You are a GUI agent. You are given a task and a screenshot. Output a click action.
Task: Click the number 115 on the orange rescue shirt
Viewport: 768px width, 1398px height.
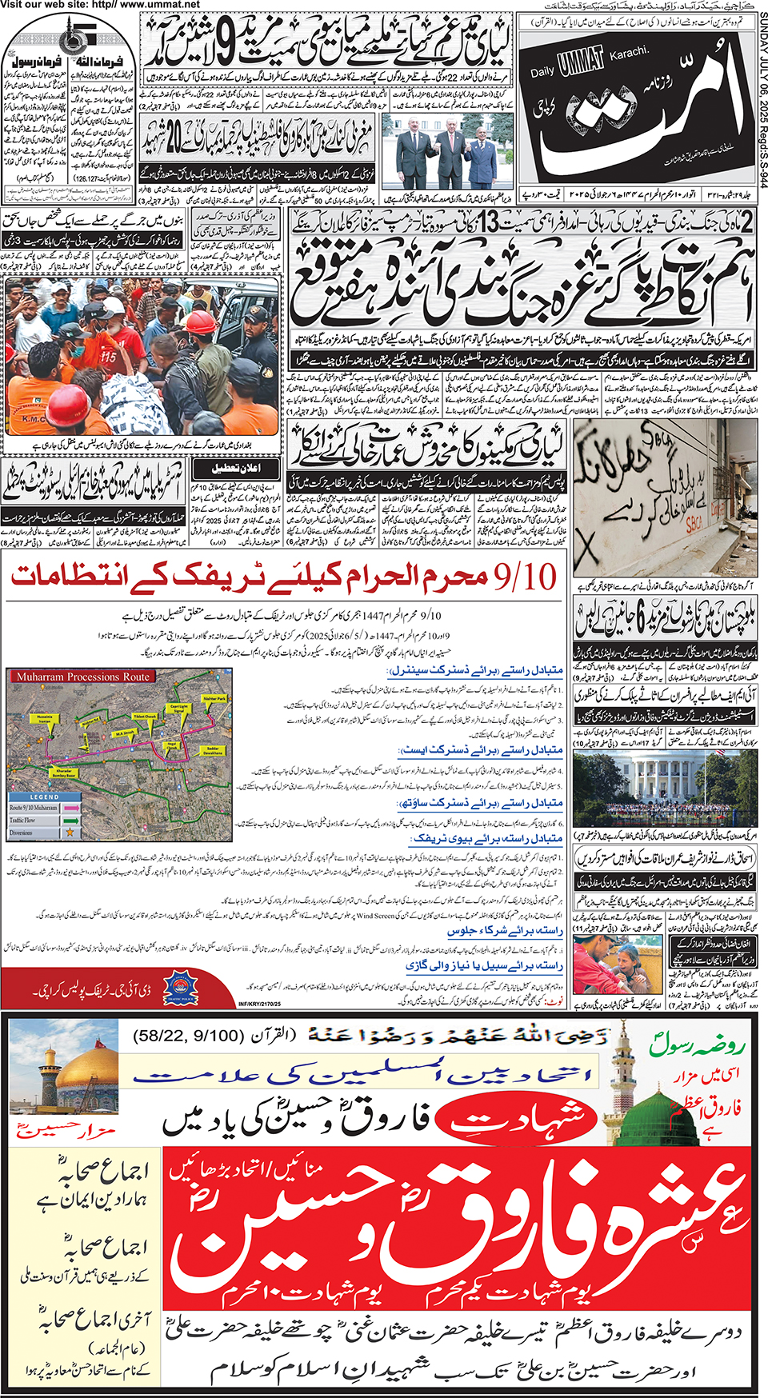[107, 355]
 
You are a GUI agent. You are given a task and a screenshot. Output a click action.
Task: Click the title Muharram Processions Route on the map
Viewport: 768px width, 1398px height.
[82, 677]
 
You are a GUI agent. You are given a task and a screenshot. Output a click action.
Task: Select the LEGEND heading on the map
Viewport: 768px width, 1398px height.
[44, 797]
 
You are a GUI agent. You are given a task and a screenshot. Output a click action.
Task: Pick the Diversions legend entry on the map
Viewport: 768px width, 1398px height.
[22, 833]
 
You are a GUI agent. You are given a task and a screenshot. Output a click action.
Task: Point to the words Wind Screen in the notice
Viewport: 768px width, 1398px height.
[375, 916]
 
